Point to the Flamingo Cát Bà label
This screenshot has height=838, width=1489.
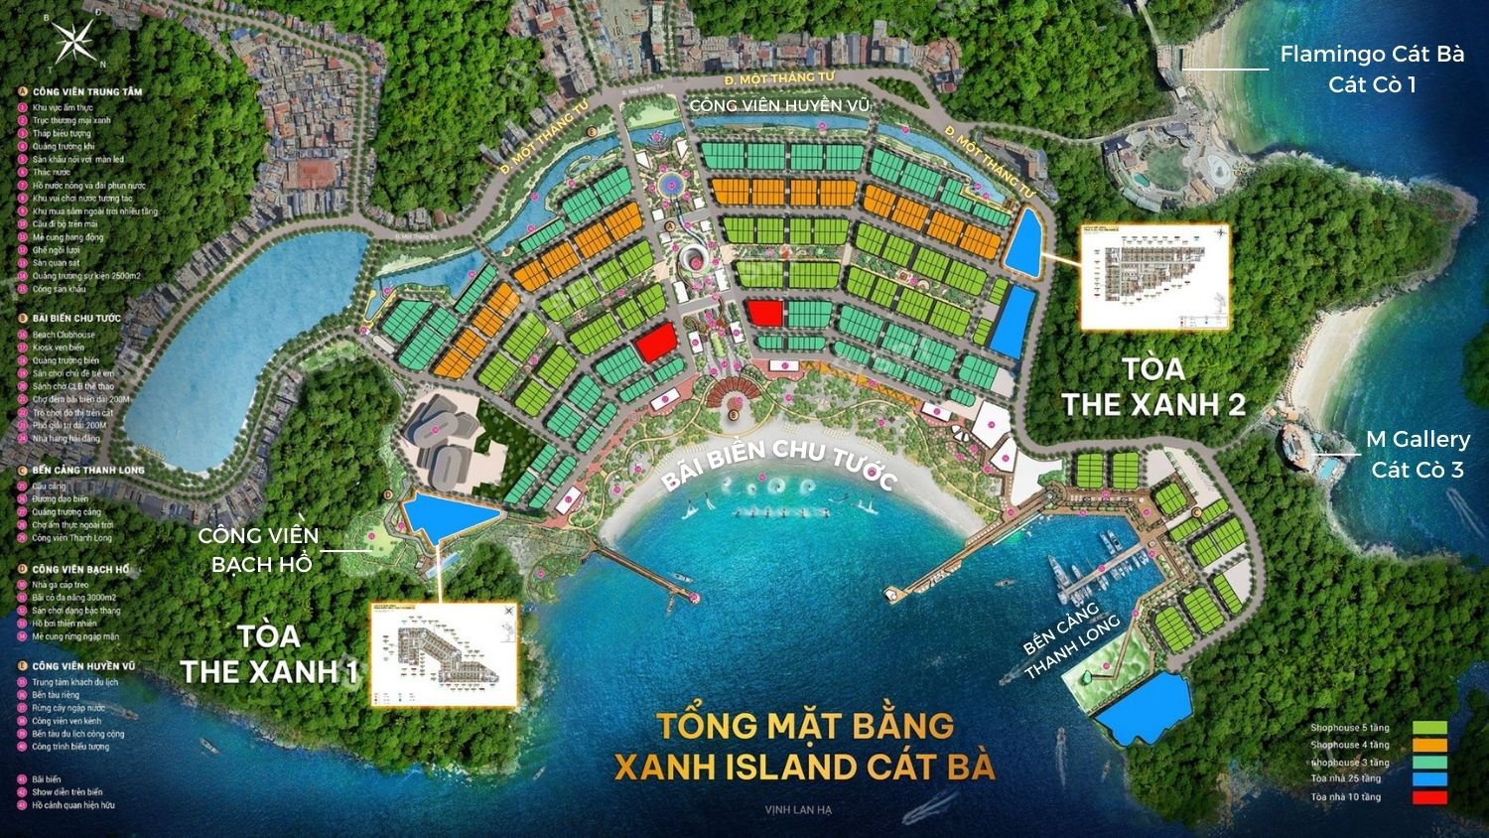point(1372,56)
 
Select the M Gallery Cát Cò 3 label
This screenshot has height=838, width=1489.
point(1418,454)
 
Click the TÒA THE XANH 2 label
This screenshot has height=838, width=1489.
point(1153,387)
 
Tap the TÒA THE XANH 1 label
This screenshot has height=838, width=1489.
point(268,653)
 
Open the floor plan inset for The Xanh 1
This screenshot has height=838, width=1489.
point(444,654)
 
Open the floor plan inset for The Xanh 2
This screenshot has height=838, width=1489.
point(1154,278)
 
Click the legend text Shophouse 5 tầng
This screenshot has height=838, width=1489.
point(1349,728)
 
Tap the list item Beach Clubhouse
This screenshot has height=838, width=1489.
point(64,335)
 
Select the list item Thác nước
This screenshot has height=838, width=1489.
point(52,172)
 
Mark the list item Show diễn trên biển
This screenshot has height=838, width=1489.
point(67,792)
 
